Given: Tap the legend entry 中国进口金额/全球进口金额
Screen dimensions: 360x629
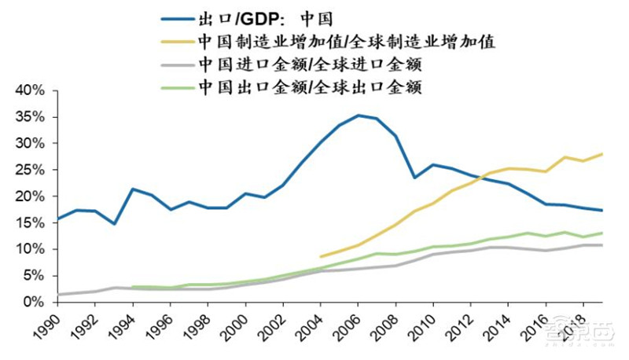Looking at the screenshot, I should coord(310,64).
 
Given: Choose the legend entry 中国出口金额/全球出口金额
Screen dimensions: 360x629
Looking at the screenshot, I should coord(310,86).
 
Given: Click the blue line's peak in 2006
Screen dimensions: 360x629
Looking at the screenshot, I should coord(359,116).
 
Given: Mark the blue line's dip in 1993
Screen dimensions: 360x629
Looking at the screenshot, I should coord(115,224).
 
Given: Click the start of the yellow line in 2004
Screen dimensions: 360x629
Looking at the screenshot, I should coord(321,256).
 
